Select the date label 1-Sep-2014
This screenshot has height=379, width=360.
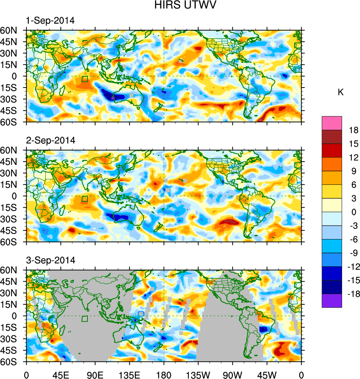point(50,21)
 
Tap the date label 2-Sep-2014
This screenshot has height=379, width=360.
point(50,140)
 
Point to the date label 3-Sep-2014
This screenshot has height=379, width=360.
point(50,260)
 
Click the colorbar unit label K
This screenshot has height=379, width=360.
point(341,92)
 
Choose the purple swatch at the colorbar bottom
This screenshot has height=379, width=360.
point(332,300)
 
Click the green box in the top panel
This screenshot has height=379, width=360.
point(85,79)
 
